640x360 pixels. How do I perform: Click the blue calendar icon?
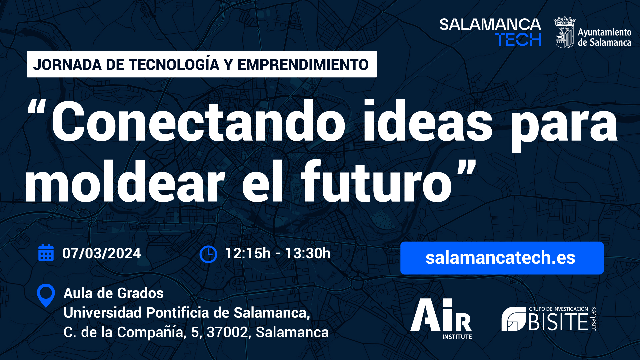coord(46,253)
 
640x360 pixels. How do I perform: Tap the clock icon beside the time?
coord(208,254)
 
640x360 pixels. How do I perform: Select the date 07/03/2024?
coord(102,253)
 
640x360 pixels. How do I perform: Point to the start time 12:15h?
coord(248,253)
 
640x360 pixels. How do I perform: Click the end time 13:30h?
coord(308,253)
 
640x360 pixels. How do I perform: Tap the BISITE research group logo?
coord(549,319)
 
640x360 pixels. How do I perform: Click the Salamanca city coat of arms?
coord(564,32)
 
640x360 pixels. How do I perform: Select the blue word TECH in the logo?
coord(518,39)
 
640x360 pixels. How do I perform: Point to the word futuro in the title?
coord(376,182)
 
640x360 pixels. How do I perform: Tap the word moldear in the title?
coord(125,182)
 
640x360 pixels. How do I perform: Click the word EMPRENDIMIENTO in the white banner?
coord(303,65)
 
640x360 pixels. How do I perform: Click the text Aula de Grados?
coord(114,293)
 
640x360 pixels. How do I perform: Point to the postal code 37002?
coord(227,332)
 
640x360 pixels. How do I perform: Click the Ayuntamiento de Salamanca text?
coord(605,37)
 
